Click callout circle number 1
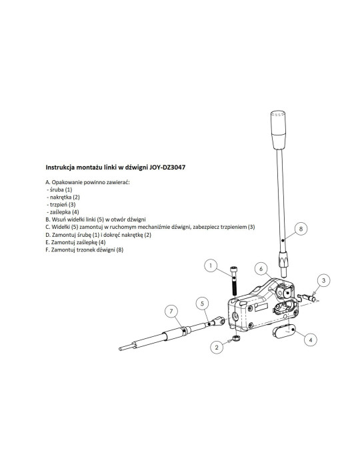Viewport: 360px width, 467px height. [x=211, y=266]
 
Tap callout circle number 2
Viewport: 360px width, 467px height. [x=217, y=348]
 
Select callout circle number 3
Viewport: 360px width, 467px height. [x=324, y=280]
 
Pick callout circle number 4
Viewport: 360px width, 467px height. [x=311, y=340]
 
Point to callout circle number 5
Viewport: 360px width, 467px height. [x=202, y=304]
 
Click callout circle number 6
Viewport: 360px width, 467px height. [x=261, y=269]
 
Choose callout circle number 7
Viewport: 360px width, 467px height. [x=171, y=312]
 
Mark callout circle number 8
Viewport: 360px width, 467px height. [x=301, y=229]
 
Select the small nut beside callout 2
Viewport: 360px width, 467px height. [x=236, y=338]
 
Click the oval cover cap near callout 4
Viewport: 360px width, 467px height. [x=283, y=331]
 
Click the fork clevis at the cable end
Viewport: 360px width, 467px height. [x=219, y=321]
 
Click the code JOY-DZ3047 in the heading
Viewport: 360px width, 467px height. [x=167, y=167]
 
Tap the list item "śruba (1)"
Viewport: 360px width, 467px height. [x=59, y=189]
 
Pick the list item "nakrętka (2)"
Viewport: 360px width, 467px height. [x=63, y=197]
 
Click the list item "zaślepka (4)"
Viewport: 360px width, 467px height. [x=63, y=212]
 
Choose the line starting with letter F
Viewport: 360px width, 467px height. [x=84, y=250]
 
